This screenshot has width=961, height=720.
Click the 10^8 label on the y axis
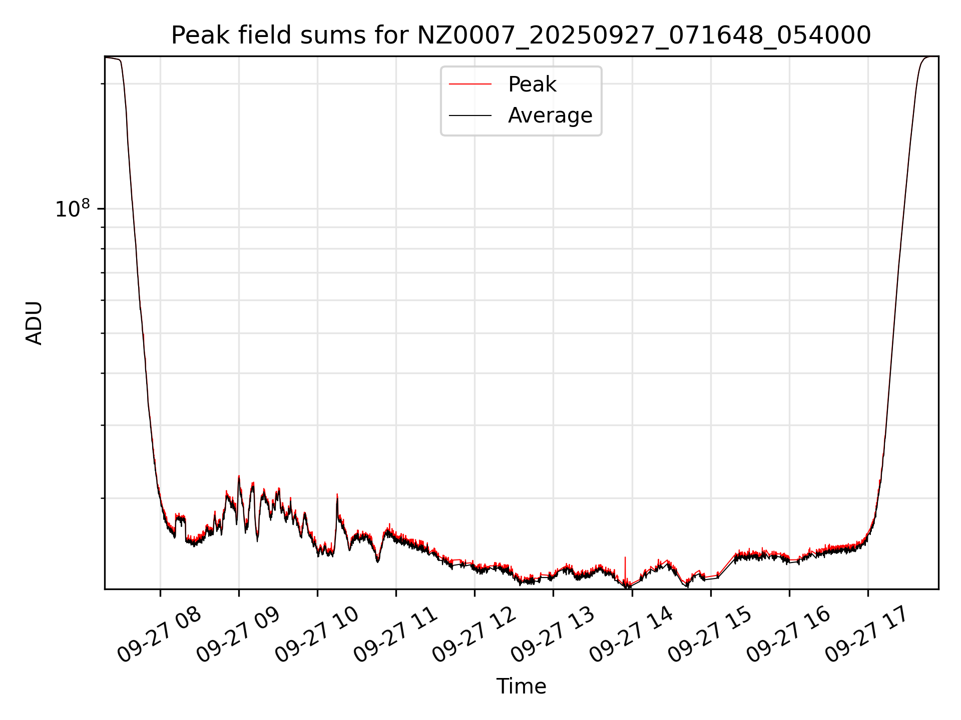click(72, 209)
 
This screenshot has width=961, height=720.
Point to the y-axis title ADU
click(34, 323)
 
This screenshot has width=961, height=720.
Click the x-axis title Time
click(521, 686)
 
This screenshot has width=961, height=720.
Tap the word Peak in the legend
click(532, 84)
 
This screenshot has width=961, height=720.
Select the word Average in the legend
click(550, 115)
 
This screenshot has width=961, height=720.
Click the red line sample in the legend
click(470, 84)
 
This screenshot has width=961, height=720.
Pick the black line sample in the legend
click(470, 115)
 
